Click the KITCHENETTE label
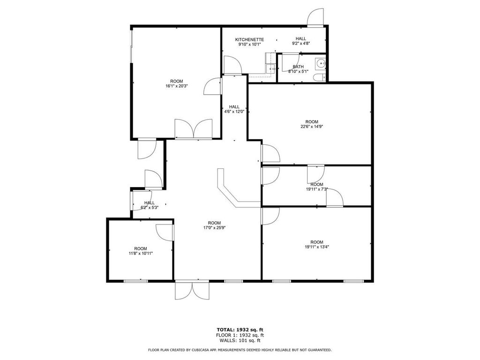point(249,39)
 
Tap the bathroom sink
point(320,62)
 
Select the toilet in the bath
point(318,78)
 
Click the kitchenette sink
point(271,69)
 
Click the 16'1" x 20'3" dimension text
point(177,86)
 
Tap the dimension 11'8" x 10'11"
point(140,253)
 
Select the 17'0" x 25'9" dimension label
point(214,228)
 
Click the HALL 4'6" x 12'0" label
point(234,109)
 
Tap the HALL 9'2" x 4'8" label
point(300,41)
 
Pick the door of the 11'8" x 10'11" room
point(165,232)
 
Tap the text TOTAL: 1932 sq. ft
point(240,330)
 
